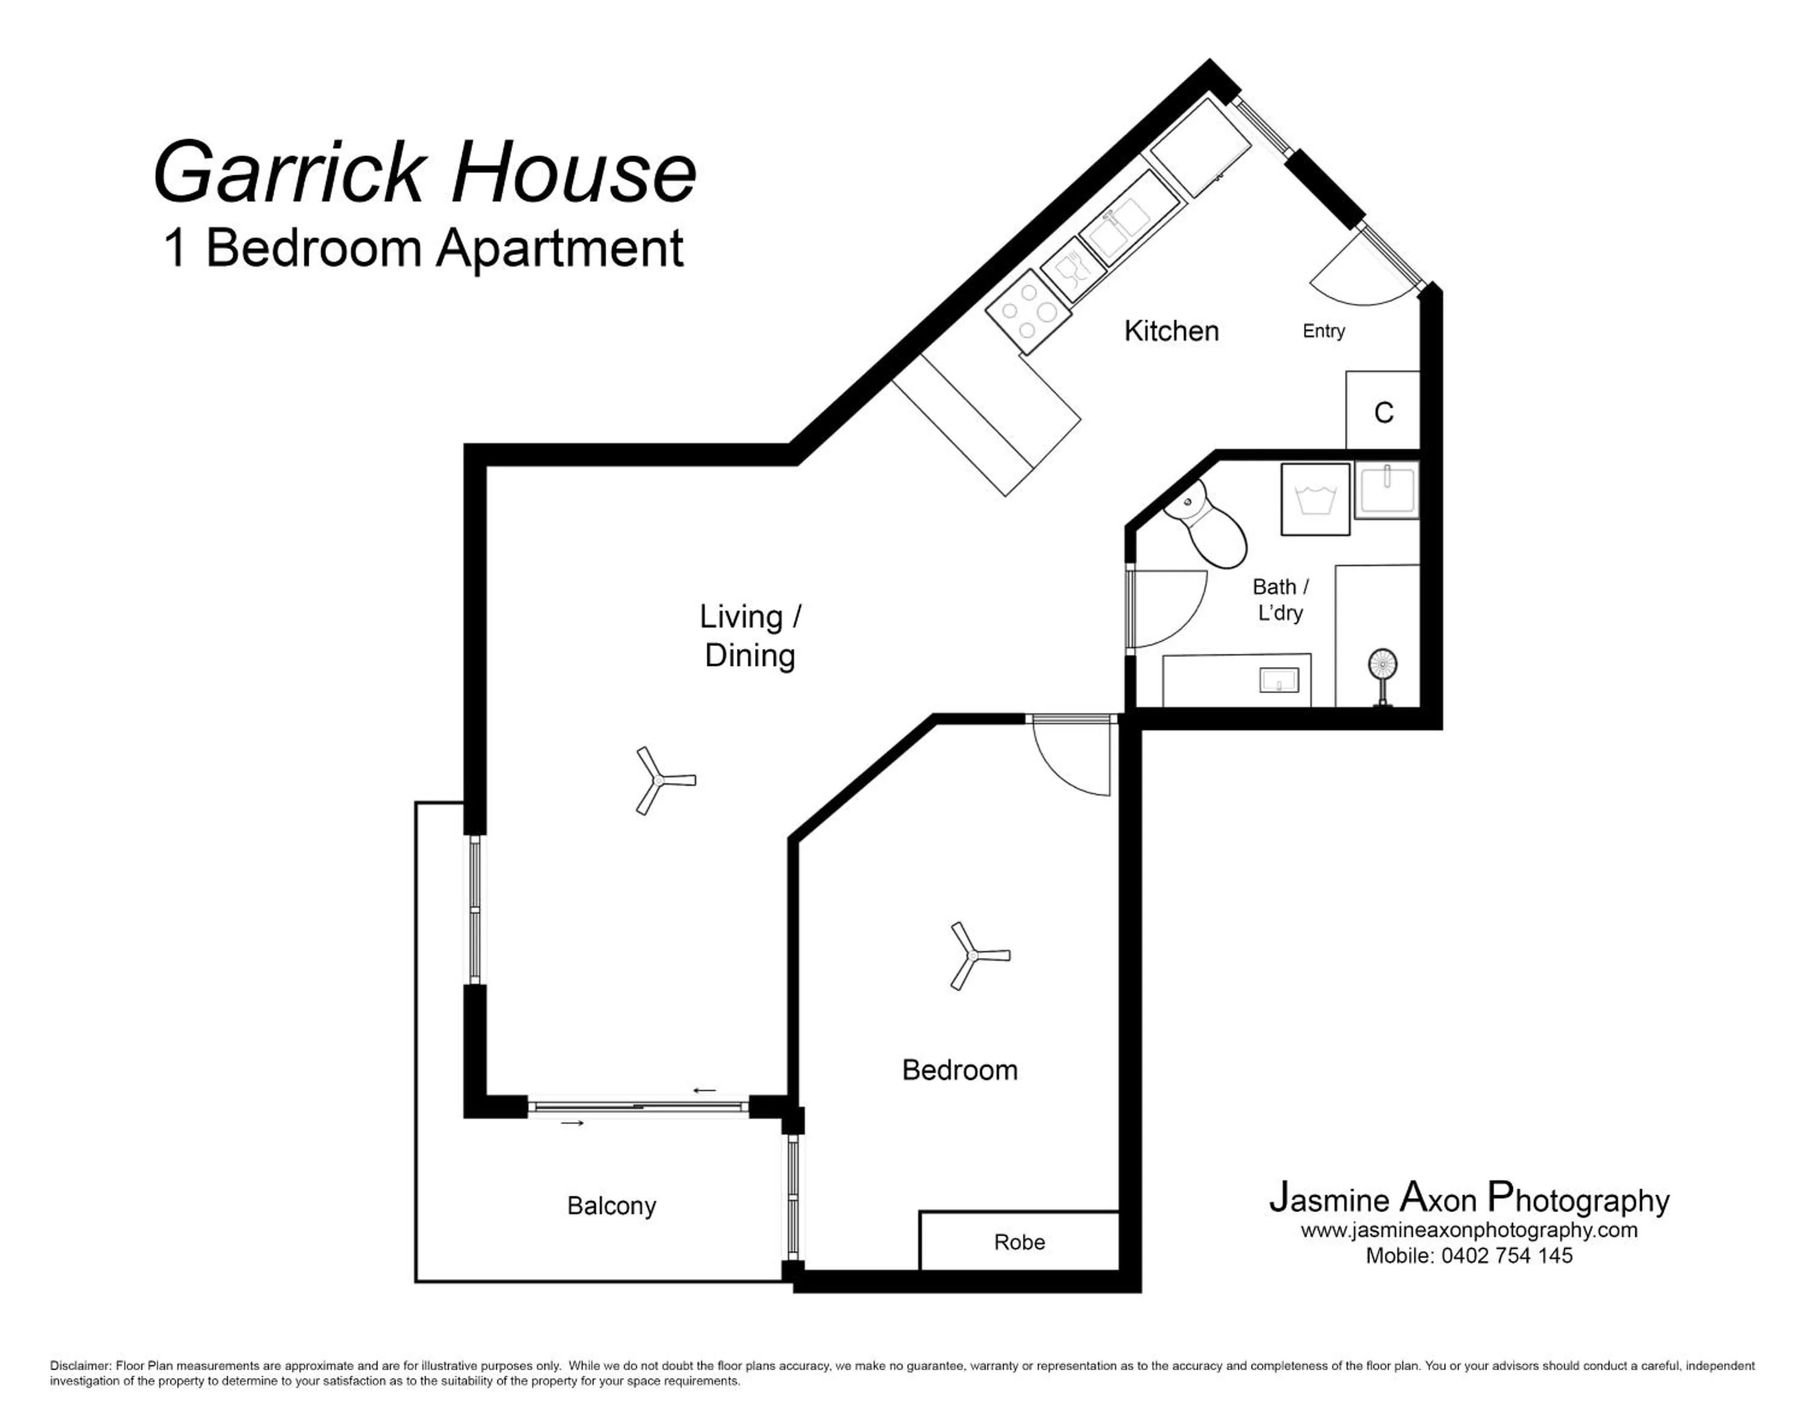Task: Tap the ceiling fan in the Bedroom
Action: coord(974,956)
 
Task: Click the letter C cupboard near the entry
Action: coord(1383,412)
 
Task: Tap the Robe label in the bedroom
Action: coord(1018,1242)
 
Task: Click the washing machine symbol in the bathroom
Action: coord(1315,499)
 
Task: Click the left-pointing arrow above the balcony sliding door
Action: coord(705,1090)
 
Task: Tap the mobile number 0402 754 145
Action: coord(1506,1256)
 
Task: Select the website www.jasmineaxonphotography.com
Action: coord(1469,1230)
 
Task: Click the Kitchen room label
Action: coord(1171,331)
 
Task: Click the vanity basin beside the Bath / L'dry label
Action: coord(1278,681)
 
